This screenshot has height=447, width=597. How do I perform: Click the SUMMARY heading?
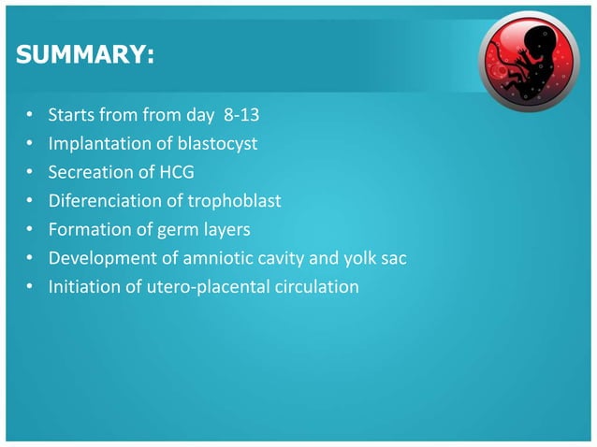pyautogui.click(x=85, y=57)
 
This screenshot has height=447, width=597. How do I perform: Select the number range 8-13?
pyautogui.click(x=234, y=117)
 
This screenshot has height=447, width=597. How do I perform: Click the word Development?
pyautogui.click(x=100, y=258)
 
